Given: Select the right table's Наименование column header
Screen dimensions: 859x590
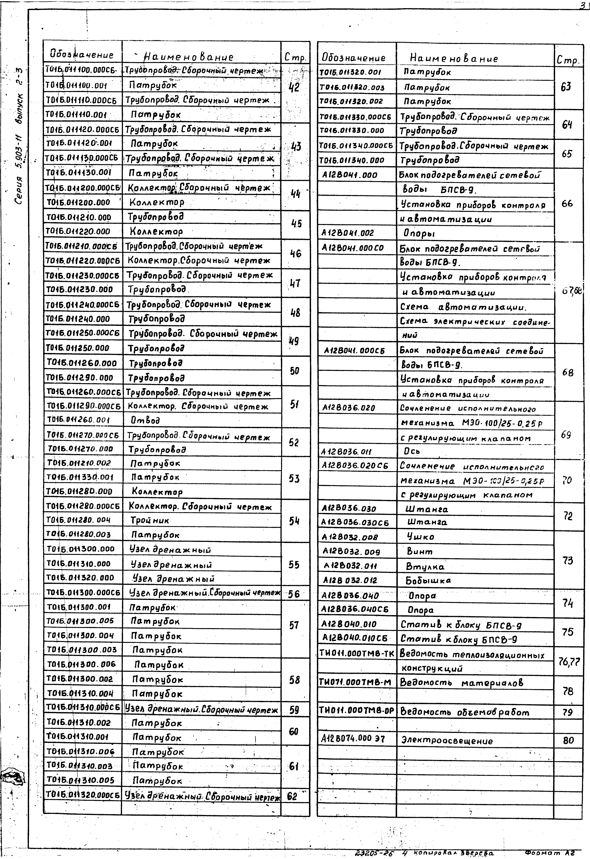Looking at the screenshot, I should (454, 58).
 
